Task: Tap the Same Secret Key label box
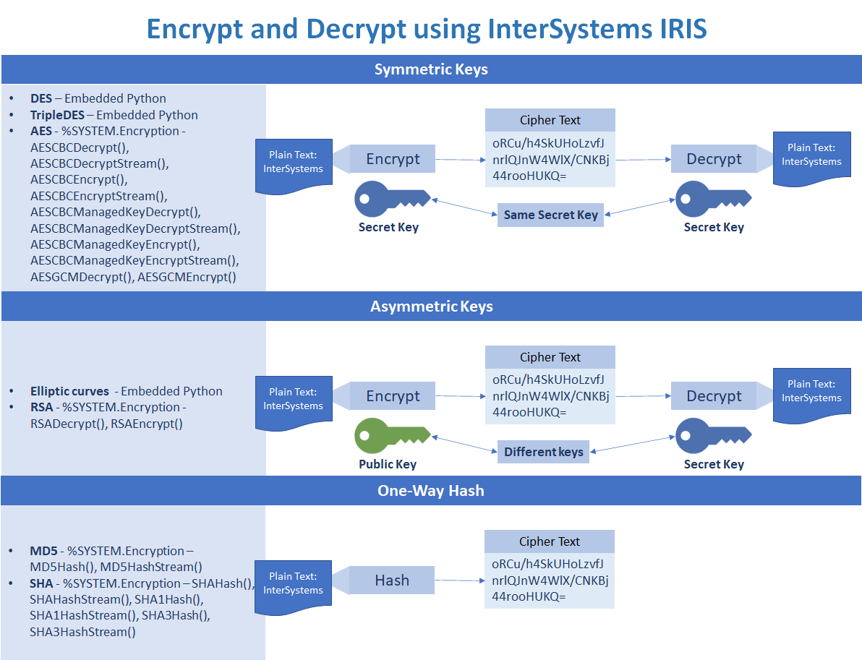pos(550,215)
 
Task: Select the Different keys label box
pos(543,452)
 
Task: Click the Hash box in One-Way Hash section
pos(391,580)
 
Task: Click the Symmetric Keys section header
pos(431,69)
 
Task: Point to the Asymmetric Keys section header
pos(431,307)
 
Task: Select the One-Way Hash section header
pos(431,491)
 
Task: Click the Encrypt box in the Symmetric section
pos(393,159)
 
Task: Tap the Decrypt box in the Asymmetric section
pos(714,396)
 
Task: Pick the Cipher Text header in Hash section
pos(549,541)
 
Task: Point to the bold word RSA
pos(41,407)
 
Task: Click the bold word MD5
pos(43,551)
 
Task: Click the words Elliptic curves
pos(69,391)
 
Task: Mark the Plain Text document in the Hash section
pos(293,584)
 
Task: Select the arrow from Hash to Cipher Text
pos(459,580)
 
